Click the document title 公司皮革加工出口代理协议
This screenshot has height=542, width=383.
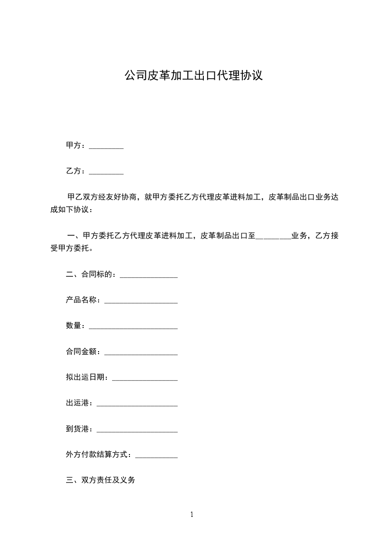click(x=193, y=75)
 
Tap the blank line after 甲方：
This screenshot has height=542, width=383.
click(x=106, y=146)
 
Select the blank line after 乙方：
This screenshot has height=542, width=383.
click(x=106, y=171)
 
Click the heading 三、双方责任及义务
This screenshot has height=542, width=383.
click(x=100, y=480)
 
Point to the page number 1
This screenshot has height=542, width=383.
click(x=192, y=515)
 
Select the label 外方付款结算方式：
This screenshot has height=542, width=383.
click(x=100, y=455)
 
